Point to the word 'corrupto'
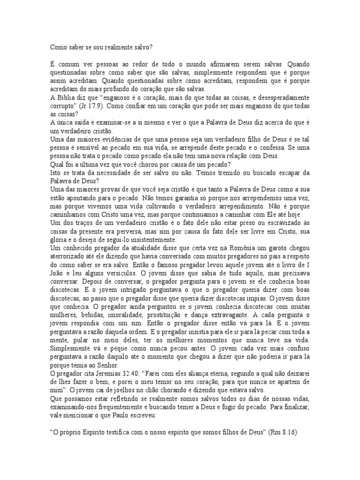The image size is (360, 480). pos(62,107)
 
